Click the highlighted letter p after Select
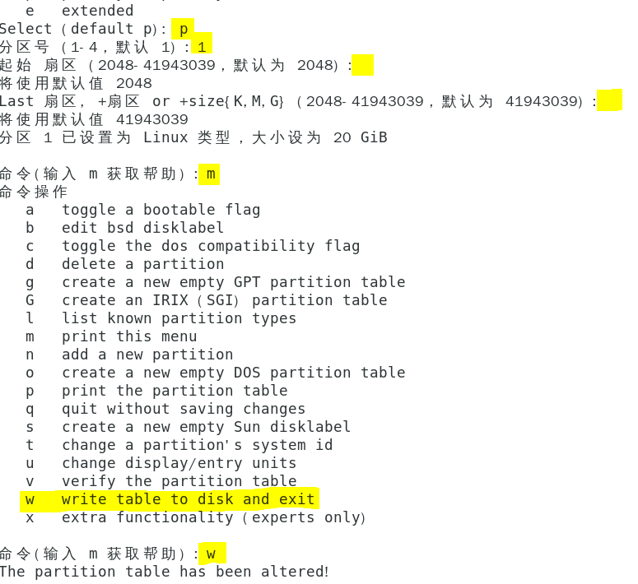[x=183, y=29]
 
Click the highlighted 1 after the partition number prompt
[x=202, y=47]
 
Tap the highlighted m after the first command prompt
[x=211, y=174]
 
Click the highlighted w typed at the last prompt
[x=211, y=554]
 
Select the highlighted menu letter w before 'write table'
[x=30, y=499]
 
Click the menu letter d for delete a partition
[x=30, y=264]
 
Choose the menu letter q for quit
[x=30, y=409]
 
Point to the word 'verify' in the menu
[x=88, y=481]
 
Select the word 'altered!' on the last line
[x=296, y=572]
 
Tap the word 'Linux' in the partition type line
[x=165, y=137]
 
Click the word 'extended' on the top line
[x=97, y=11]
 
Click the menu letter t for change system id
[x=30, y=445]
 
